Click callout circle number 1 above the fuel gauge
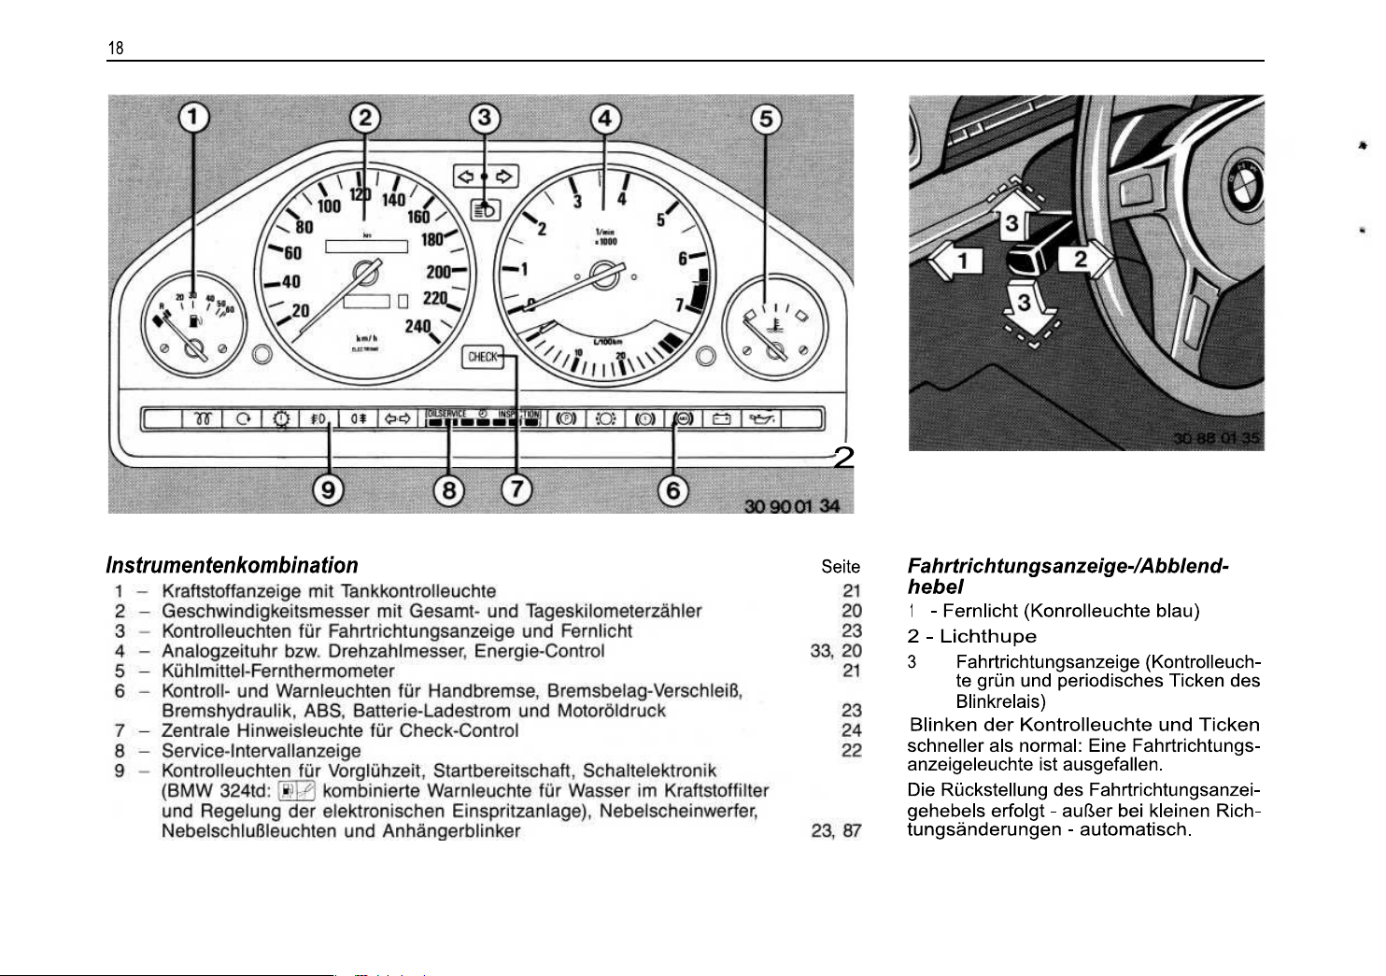(194, 119)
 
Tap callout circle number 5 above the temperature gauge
(766, 120)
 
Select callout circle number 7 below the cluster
(516, 489)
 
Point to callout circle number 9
(328, 489)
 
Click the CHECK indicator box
(482, 357)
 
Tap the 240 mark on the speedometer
(417, 326)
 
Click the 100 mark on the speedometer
(329, 205)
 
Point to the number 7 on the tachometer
(680, 304)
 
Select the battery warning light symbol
(721, 418)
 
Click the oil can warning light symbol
(759, 418)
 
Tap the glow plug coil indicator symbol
(202, 418)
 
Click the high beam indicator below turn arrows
(484, 209)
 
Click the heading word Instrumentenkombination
(232, 565)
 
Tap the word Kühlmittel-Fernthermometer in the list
(277, 671)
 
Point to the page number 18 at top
(116, 49)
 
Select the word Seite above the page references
(841, 566)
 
